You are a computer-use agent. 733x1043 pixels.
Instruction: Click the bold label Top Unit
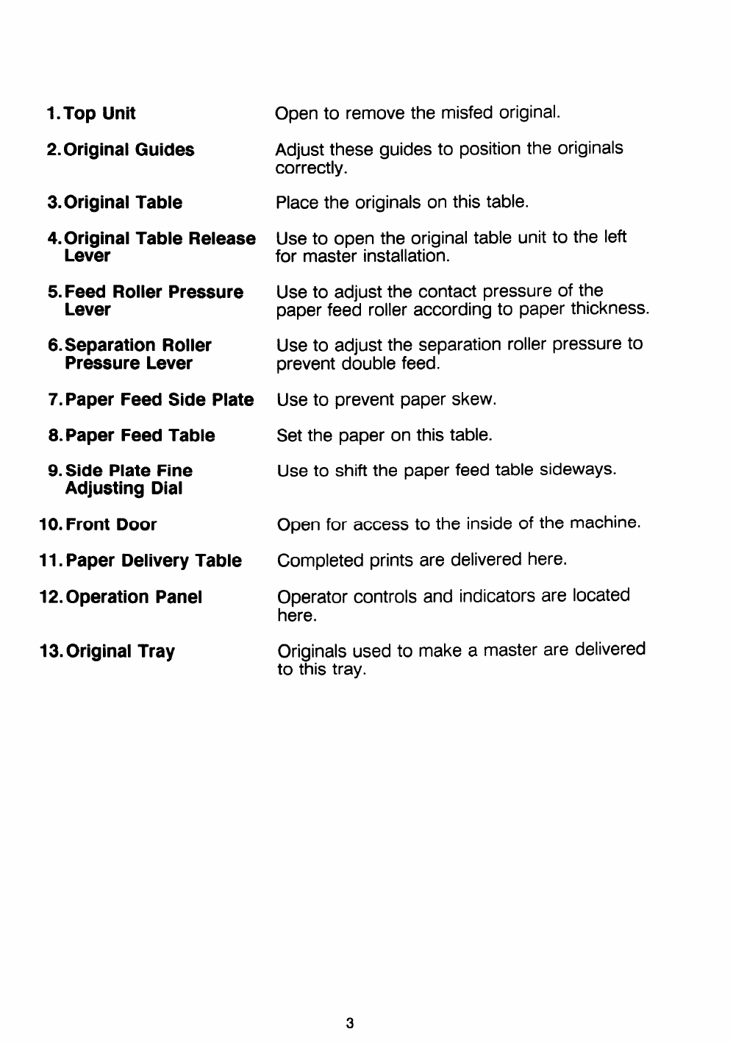99,114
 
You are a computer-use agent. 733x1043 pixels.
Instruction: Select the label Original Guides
129,150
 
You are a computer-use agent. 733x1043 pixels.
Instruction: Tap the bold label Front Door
111,524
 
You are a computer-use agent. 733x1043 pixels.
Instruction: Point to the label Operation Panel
134,597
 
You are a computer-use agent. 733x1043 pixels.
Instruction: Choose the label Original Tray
121,652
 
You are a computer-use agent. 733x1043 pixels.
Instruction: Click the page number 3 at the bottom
350,1022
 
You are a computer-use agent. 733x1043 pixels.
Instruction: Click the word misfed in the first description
467,113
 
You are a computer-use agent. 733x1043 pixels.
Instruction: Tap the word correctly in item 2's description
310,168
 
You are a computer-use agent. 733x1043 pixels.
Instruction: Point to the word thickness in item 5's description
609,309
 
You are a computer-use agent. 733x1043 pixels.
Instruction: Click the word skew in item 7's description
477,399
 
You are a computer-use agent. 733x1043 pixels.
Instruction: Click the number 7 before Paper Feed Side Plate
53,400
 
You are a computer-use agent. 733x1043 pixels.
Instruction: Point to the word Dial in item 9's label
165,489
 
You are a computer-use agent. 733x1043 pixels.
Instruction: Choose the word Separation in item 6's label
111,346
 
